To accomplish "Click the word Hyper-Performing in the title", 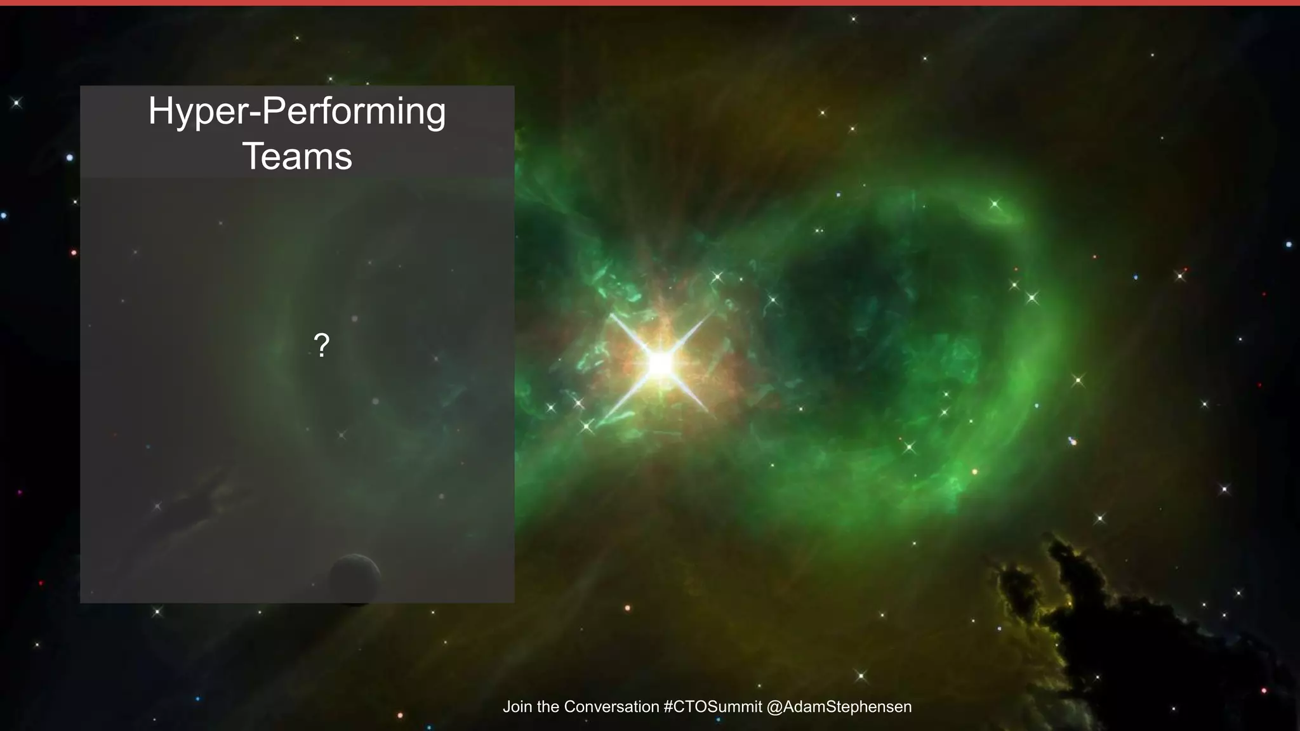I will pos(297,112).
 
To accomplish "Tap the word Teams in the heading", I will pos(297,157).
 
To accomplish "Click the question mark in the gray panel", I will pos(322,345).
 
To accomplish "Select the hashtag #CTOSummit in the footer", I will pos(712,707).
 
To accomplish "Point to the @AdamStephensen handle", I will pos(839,707).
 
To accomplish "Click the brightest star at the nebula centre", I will pos(660,364).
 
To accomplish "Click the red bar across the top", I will pos(650,3).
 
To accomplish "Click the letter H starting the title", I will pos(159,112).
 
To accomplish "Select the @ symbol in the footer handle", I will pos(774,707).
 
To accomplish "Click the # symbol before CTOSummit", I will pos(668,707).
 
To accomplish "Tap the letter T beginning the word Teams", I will pos(253,157).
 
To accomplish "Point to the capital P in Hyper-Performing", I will pos(272,112).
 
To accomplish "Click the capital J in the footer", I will pos(507,707).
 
